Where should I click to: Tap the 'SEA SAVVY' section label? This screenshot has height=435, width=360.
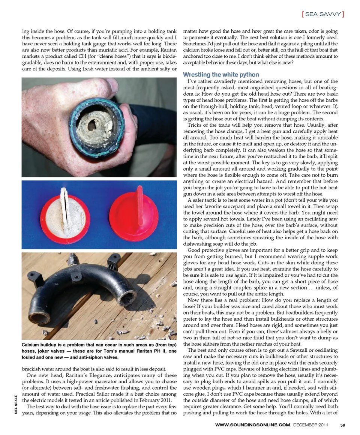[323, 14]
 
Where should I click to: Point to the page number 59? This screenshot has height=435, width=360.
[343, 425]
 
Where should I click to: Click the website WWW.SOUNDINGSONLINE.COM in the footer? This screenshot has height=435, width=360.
[253, 425]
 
